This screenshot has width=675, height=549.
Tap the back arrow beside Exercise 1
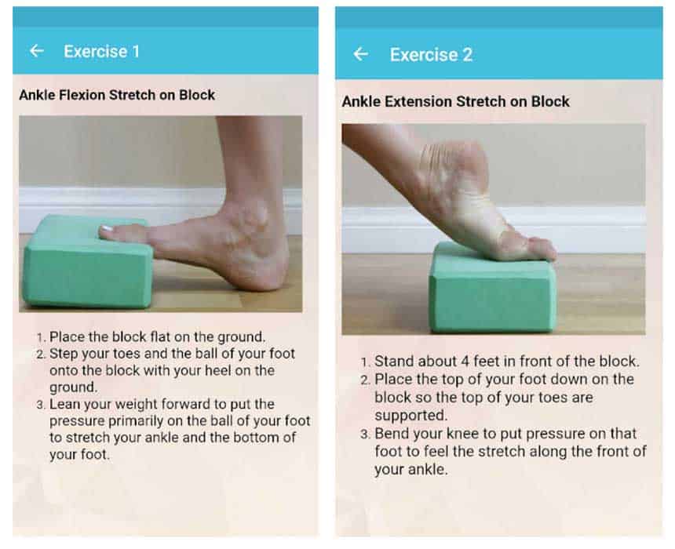point(37,51)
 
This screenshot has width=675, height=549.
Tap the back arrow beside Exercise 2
point(360,54)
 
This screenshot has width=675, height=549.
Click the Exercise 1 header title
point(101,52)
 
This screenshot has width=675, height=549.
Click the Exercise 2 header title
point(431,55)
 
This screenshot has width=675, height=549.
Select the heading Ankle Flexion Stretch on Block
point(117,95)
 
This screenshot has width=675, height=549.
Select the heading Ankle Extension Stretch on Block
point(455,101)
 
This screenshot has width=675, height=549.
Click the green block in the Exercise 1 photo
point(86,263)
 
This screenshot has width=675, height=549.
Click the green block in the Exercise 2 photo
point(491,289)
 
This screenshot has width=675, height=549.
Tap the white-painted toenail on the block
point(106,229)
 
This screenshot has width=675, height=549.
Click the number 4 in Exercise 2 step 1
point(465,362)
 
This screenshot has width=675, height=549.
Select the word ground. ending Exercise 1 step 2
point(74,387)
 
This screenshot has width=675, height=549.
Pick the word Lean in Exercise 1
point(65,404)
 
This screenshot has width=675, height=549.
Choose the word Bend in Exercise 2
point(392,433)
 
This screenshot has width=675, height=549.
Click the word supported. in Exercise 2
point(411,416)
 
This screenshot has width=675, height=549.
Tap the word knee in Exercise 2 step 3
point(463,433)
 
